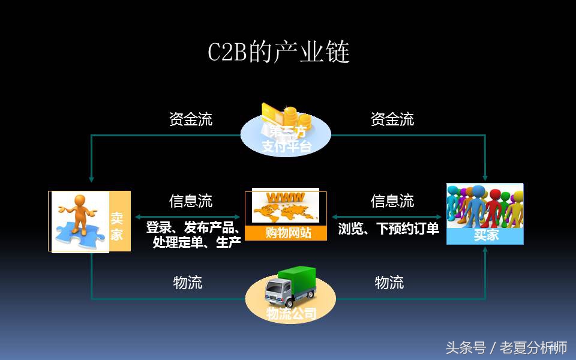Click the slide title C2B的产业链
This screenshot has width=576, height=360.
pyautogui.click(x=278, y=53)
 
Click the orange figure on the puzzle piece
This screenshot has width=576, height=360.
pyautogui.click(x=78, y=213)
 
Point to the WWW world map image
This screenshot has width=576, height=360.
pyautogui.click(x=286, y=207)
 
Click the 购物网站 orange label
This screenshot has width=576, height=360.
pyautogui.click(x=286, y=233)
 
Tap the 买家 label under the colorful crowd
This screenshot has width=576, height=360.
pyautogui.click(x=485, y=235)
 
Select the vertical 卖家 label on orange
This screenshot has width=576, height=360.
pyautogui.click(x=117, y=226)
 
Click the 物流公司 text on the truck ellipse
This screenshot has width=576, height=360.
pyautogui.click(x=291, y=313)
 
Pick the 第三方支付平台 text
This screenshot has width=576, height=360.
pyautogui.click(x=286, y=139)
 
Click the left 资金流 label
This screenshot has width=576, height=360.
pyautogui.click(x=190, y=119)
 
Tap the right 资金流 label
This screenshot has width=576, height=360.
pyautogui.click(x=392, y=119)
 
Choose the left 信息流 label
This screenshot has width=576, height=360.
pyautogui.click(x=190, y=201)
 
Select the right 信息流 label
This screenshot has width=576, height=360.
pyautogui.click(x=392, y=201)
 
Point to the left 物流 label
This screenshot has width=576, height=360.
pyautogui.click(x=188, y=283)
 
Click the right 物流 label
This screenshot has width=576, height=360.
pyautogui.click(x=389, y=283)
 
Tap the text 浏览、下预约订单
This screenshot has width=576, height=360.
pyautogui.click(x=389, y=229)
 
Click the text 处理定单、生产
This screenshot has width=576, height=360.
pyautogui.click(x=197, y=242)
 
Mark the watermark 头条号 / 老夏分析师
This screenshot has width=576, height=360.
pyautogui.click(x=506, y=347)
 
